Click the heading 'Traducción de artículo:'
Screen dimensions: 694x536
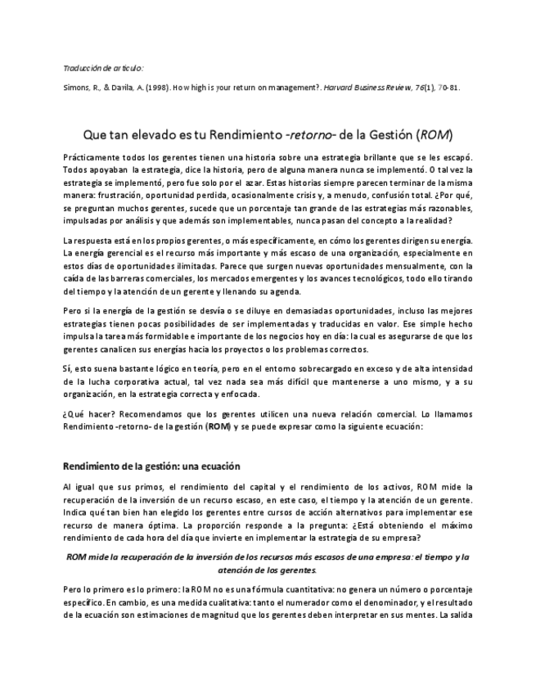point(103,68)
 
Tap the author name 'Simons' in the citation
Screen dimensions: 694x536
point(78,89)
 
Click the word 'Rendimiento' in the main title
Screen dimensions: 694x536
point(241,133)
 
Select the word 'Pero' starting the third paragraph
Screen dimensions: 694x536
point(72,312)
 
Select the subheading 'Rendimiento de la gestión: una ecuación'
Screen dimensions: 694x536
point(151,466)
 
